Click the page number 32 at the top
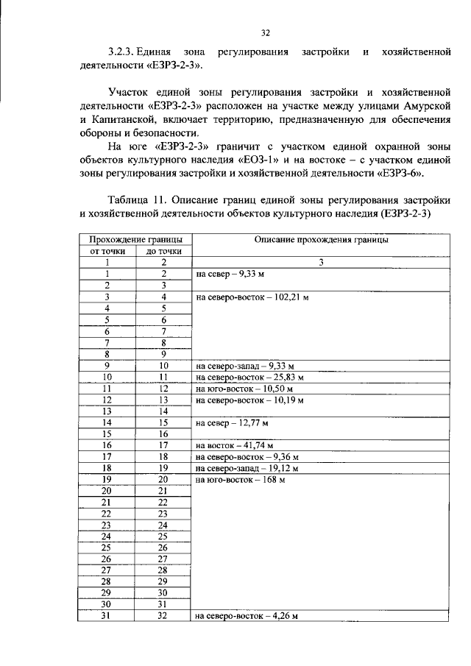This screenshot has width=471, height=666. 266,32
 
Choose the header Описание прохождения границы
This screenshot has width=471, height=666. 322,239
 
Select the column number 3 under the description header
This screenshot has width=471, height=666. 322,262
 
